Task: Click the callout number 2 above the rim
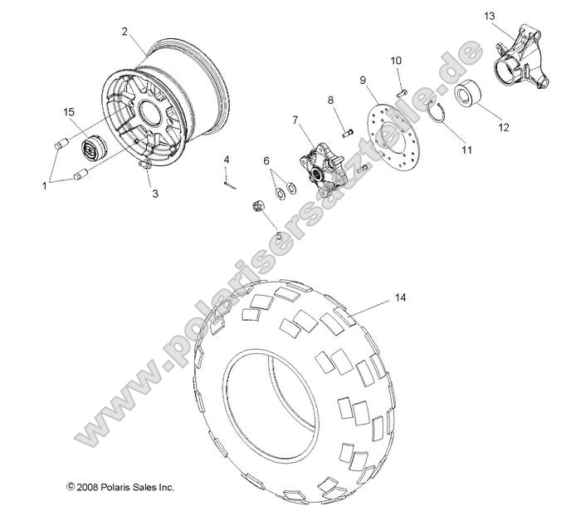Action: point(124,32)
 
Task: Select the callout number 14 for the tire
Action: point(401,297)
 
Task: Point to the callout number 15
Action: point(71,111)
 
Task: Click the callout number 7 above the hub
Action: point(295,120)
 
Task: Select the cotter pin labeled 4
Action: point(228,184)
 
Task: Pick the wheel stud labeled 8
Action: point(346,130)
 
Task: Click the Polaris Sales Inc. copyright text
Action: point(120,487)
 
